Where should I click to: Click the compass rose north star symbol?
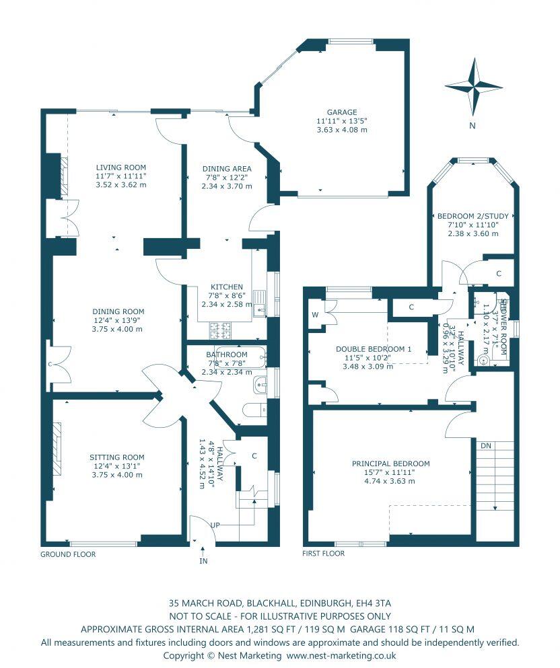[x=474, y=87]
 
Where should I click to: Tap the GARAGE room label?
[x=342, y=112]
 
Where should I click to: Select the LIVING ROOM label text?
[x=120, y=168]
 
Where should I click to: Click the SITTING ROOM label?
[x=117, y=457]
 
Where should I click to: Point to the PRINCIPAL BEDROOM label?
[x=390, y=463]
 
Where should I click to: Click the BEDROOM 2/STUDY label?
[x=473, y=217]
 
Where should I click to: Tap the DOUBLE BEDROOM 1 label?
[x=373, y=348]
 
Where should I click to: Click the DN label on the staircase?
[x=485, y=445]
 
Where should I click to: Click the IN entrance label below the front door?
[x=203, y=560]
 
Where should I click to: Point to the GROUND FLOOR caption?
[x=68, y=555]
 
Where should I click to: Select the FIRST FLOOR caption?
[x=324, y=554]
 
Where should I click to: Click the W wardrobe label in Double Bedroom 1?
[x=315, y=314]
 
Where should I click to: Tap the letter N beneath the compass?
[x=473, y=126]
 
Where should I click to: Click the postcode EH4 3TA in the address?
[x=373, y=603]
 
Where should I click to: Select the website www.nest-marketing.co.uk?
[x=341, y=655]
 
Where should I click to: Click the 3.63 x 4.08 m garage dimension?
[x=342, y=130]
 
